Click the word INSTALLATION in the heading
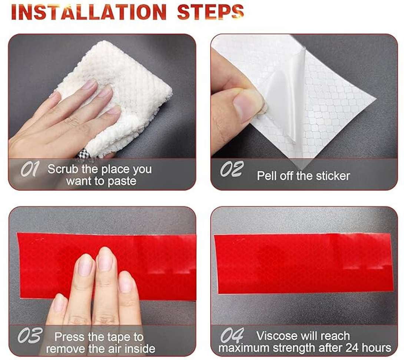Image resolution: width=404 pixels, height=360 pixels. coord(89,12)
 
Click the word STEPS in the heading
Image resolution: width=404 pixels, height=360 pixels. coord(211,12)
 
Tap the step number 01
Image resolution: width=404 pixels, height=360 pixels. coord(30,169)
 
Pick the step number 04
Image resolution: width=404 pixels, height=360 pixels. coord(232,335)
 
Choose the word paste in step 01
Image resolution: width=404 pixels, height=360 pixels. coord(122,181)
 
